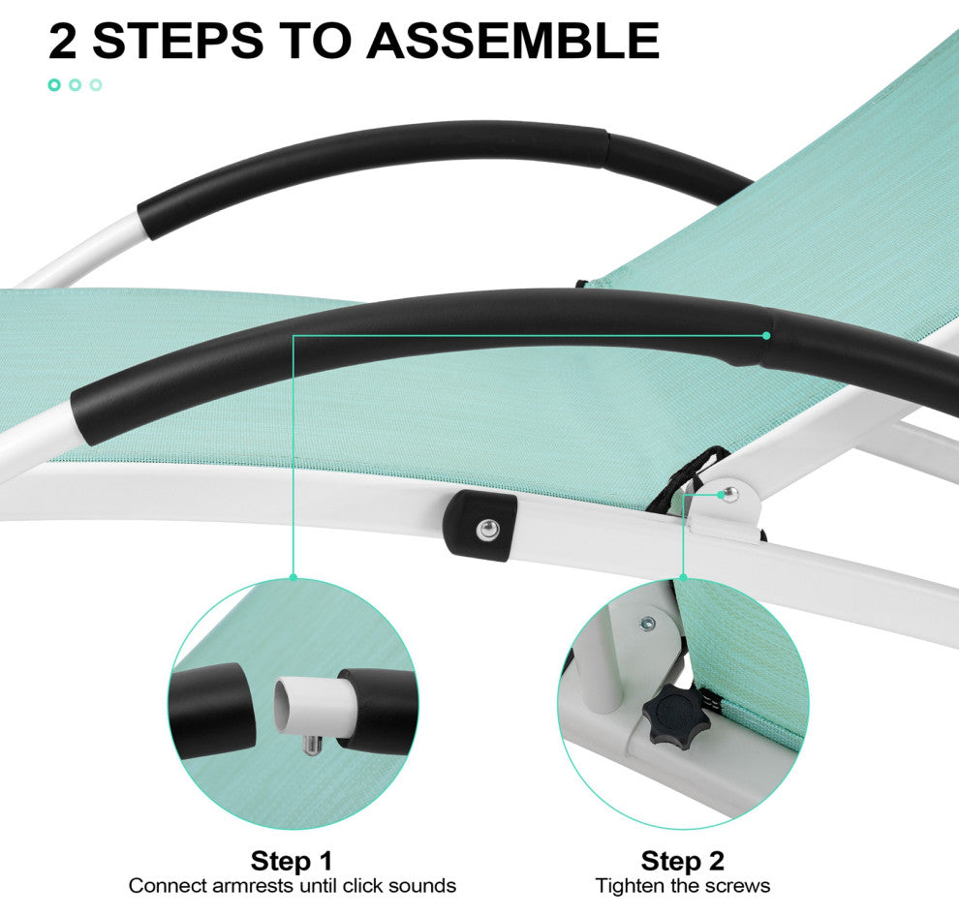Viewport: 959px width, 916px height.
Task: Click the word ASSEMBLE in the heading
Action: pyautogui.click(x=512, y=41)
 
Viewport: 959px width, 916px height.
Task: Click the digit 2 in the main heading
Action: pyautogui.click(x=62, y=41)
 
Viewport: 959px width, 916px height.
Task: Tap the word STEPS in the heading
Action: pyautogui.click(x=178, y=41)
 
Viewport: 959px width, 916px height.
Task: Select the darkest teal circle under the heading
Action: pyautogui.click(x=54, y=85)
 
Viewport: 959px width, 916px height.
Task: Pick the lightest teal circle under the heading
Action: pyautogui.click(x=96, y=85)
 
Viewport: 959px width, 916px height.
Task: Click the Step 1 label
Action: pyautogui.click(x=292, y=861)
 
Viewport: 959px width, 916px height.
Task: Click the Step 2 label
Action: pyautogui.click(x=683, y=861)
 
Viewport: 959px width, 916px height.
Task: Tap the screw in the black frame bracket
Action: pyautogui.click(x=488, y=529)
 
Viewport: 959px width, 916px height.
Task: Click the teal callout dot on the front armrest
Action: pyautogui.click(x=765, y=335)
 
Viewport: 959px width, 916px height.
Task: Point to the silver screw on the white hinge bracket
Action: pyautogui.click(x=730, y=494)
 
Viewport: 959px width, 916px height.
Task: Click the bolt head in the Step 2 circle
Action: pyautogui.click(x=646, y=625)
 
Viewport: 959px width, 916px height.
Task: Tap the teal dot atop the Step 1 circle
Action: pyautogui.click(x=293, y=577)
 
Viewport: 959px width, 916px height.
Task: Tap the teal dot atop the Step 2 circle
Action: pyautogui.click(x=683, y=577)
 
